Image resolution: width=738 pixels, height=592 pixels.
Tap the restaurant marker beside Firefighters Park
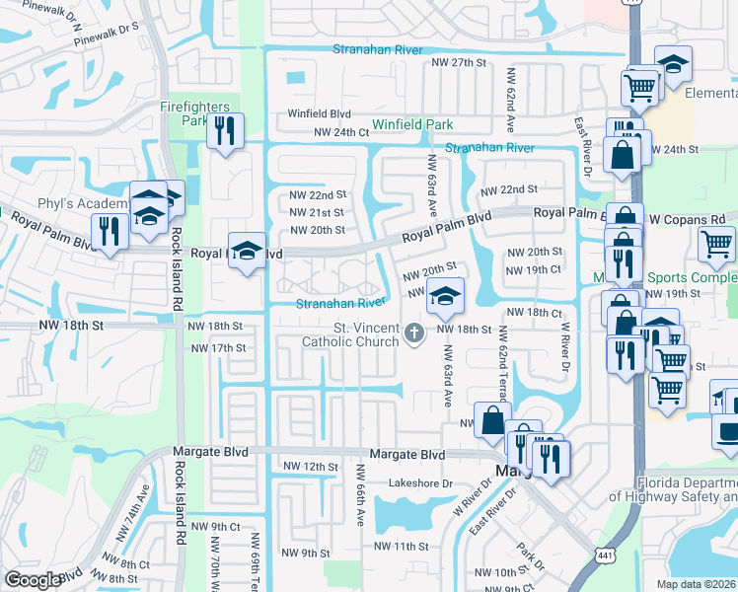tap(225, 130)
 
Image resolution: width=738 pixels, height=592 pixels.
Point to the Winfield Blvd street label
tap(320, 113)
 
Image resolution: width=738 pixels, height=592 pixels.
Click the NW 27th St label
tap(460, 62)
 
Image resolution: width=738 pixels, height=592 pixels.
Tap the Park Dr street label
tap(528, 555)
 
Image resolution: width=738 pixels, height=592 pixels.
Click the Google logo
tap(33, 580)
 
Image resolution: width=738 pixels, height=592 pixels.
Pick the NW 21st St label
tap(316, 212)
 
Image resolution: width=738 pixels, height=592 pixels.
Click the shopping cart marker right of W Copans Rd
tap(715, 243)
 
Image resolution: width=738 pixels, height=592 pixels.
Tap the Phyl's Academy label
tap(83, 204)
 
